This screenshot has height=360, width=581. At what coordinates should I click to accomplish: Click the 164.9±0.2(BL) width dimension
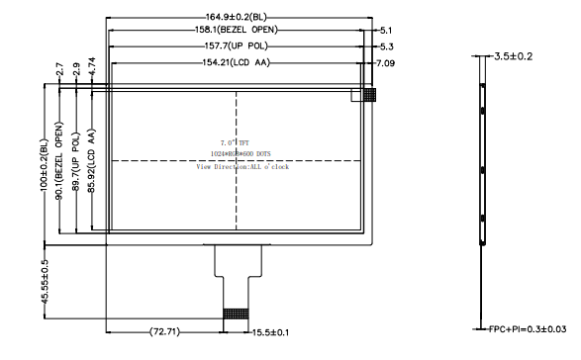237,17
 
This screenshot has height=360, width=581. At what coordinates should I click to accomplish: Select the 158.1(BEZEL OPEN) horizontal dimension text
237,31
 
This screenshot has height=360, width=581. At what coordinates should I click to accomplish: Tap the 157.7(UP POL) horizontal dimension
237,45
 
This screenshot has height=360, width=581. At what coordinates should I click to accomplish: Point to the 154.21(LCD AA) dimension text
237,63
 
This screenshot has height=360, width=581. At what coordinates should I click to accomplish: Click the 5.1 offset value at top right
387,31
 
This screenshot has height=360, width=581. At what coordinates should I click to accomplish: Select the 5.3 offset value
387,45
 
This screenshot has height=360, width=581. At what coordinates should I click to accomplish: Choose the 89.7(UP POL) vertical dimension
77,159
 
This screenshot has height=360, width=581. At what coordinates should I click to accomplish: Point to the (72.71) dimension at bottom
165,331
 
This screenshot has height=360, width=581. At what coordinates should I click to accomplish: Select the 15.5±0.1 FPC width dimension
272,331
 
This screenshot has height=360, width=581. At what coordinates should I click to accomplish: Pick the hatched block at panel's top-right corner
369,95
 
